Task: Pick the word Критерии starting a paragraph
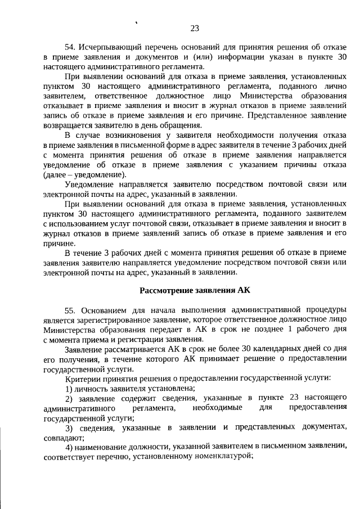83,379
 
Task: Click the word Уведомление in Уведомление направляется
92,184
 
